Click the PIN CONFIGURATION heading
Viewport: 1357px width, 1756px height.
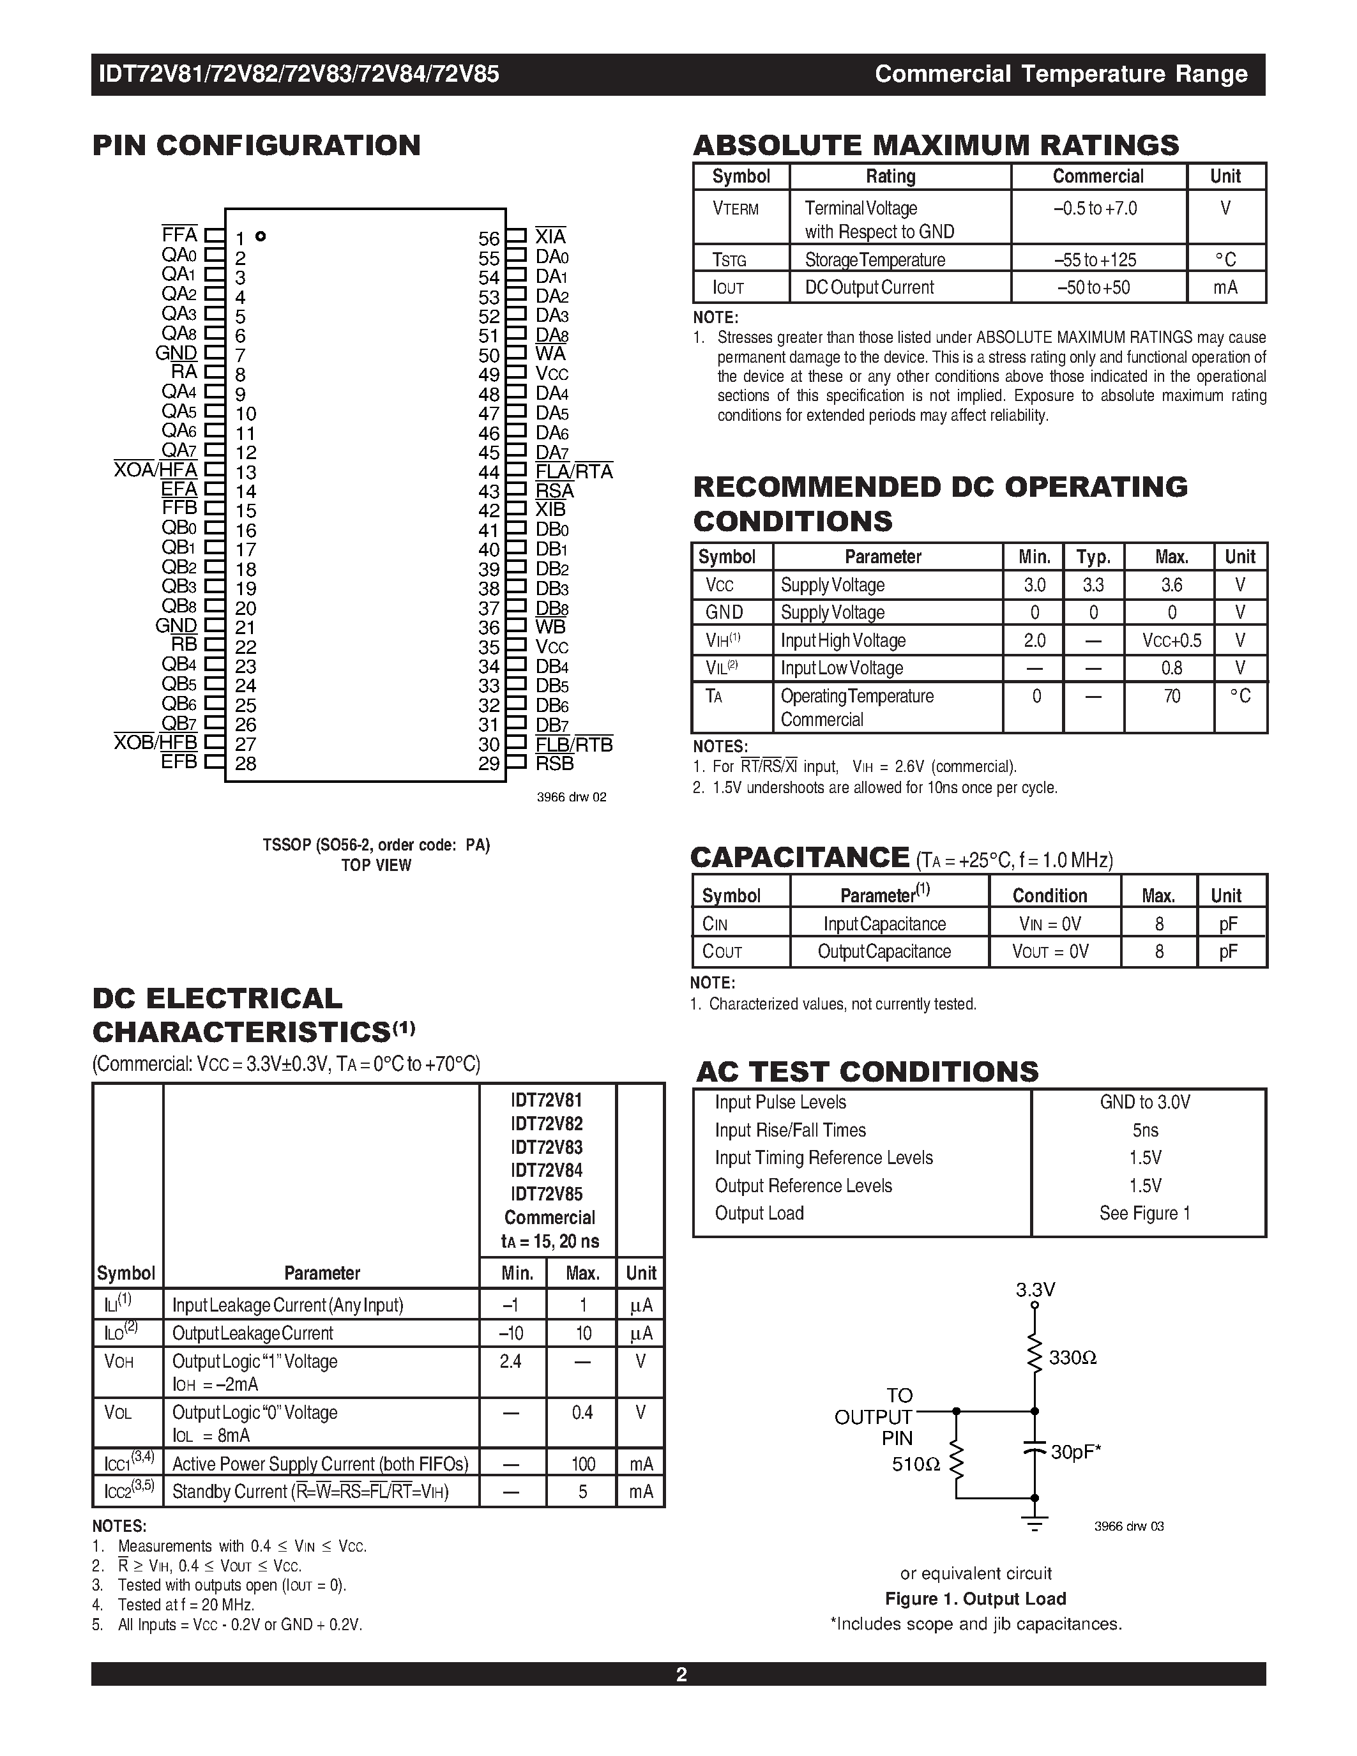257,146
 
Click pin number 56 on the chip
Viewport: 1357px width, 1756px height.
489,239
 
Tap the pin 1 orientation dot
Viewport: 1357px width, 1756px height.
261,236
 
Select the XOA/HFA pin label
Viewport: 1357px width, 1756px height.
155,471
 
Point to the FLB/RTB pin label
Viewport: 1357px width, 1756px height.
574,745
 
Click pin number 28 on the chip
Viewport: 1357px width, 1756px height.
246,764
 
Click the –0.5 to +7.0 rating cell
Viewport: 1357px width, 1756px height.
1095,209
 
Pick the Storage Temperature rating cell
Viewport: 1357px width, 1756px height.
875,260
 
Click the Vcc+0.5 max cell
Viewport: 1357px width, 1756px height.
1171,641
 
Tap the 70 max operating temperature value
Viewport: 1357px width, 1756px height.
1171,696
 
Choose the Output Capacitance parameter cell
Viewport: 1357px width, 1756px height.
884,952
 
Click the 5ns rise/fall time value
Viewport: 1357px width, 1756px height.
1145,1130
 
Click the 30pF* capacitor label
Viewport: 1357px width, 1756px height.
1075,1452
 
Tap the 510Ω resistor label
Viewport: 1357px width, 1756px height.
916,1465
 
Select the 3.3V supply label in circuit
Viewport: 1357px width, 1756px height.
1035,1291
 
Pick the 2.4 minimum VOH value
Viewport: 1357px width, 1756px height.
510,1361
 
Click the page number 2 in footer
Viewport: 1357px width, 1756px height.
681,1675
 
